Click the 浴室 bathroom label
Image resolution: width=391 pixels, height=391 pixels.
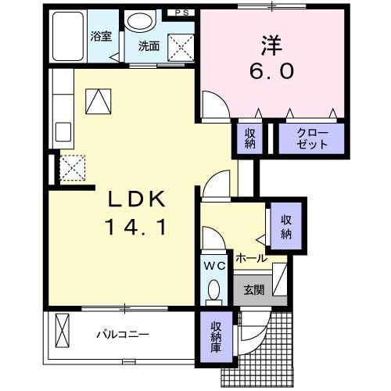pyautogui.click(x=101, y=36)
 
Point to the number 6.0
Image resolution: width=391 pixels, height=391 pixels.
pyautogui.click(x=272, y=71)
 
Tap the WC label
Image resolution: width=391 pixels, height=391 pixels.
pyautogui.click(x=215, y=266)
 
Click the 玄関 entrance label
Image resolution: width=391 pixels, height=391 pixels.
pyautogui.click(x=253, y=290)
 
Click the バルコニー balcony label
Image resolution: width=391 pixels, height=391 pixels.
pyautogui.click(x=123, y=335)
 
